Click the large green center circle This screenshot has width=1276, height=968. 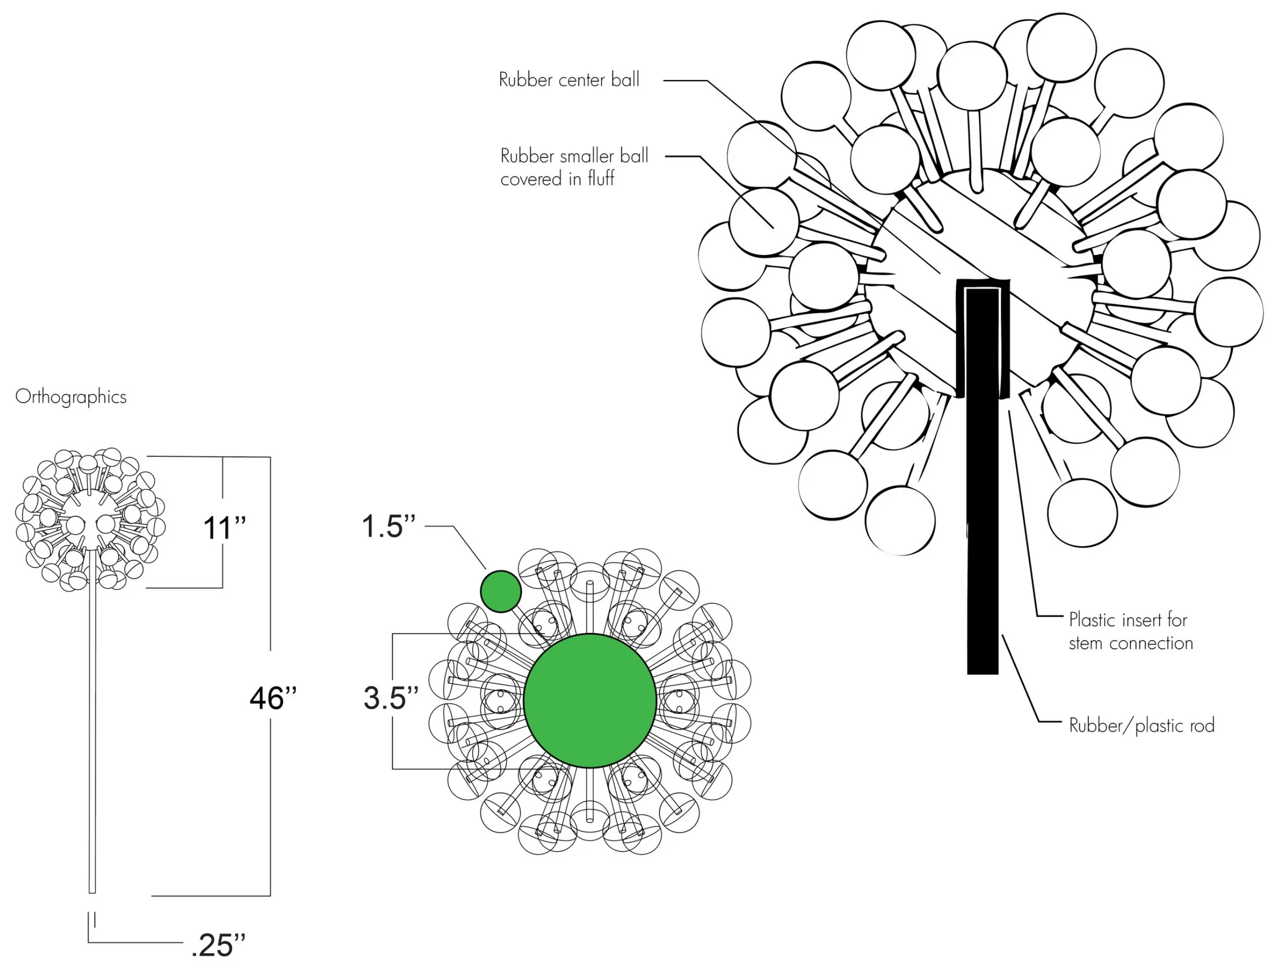pos(590,700)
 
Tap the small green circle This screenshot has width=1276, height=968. pos(501,591)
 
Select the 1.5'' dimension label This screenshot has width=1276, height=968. pos(388,526)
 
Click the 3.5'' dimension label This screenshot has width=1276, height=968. pos(390,698)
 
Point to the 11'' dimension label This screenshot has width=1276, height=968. pos(225,527)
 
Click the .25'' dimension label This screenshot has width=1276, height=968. pos(217,945)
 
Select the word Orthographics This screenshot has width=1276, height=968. pos(70,397)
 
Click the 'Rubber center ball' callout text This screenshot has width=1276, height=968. pos(569,80)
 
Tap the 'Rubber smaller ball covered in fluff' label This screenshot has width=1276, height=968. pos(574,167)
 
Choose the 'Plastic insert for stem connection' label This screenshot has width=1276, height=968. pos(1130,631)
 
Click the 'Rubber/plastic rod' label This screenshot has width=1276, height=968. pos(1141,725)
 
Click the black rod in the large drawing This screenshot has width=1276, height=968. pos(982,519)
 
